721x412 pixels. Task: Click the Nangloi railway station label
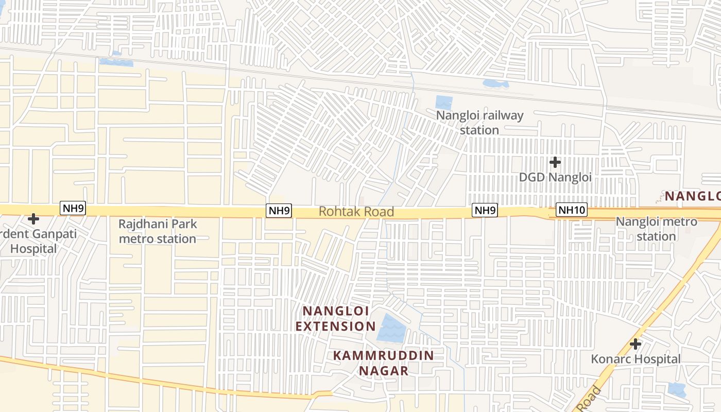tap(479, 123)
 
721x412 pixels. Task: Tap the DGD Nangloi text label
tap(555, 177)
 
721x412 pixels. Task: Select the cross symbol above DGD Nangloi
tap(555, 163)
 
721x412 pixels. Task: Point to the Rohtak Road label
tap(356, 212)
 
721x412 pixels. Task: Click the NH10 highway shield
tap(572, 210)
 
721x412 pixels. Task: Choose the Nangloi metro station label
tap(656, 229)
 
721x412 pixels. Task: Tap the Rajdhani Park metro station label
tap(158, 232)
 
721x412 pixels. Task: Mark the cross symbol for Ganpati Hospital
tap(33, 219)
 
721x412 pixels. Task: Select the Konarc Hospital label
tap(636, 359)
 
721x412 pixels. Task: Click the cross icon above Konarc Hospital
tap(636, 344)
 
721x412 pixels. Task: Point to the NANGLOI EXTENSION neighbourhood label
tap(335, 319)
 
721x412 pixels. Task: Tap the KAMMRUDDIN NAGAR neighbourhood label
tap(383, 363)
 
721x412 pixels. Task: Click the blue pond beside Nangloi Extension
tap(391, 329)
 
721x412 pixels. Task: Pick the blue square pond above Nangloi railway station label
tap(443, 102)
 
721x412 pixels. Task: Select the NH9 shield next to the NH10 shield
tap(485, 210)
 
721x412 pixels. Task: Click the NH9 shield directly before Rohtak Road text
tap(279, 210)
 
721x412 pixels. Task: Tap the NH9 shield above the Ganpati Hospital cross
tap(73, 209)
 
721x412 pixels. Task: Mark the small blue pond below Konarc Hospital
tap(676, 389)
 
